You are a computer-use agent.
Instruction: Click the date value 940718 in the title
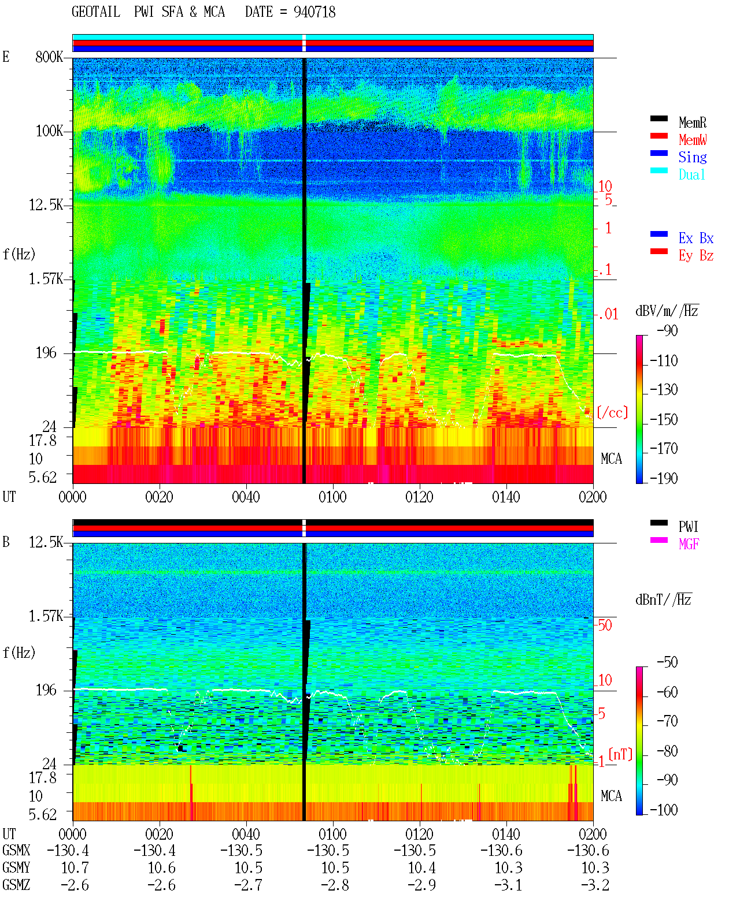pyautogui.click(x=314, y=12)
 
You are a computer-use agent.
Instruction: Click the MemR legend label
pyautogui.click(x=693, y=122)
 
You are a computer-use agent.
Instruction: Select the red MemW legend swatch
pyautogui.click(x=658, y=136)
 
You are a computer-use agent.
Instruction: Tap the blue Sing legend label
pyautogui.click(x=693, y=157)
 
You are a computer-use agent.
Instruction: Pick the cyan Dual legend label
pyautogui.click(x=691, y=174)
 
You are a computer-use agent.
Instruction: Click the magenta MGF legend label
pyautogui.click(x=689, y=544)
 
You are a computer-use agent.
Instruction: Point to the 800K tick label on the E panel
pyautogui.click(x=49, y=57)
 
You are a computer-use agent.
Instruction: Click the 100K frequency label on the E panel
pyautogui.click(x=49, y=131)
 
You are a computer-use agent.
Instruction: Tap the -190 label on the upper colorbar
pyautogui.click(x=664, y=478)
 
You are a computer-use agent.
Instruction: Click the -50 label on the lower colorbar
pyautogui.click(x=667, y=662)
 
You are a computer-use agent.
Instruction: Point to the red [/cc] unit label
pyautogui.click(x=612, y=412)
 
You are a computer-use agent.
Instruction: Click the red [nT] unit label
pyautogui.click(x=620, y=754)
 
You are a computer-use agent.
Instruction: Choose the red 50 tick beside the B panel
pyautogui.click(x=605, y=625)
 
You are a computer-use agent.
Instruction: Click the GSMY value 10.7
pyautogui.click(x=75, y=868)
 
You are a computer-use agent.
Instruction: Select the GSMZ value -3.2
pyautogui.click(x=595, y=885)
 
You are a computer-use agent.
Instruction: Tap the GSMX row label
pyautogui.click(x=16, y=850)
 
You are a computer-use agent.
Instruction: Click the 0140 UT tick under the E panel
pyautogui.click(x=506, y=497)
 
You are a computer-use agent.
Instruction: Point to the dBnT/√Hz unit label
pyautogui.click(x=664, y=599)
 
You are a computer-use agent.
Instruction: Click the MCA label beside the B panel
pyautogui.click(x=611, y=796)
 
